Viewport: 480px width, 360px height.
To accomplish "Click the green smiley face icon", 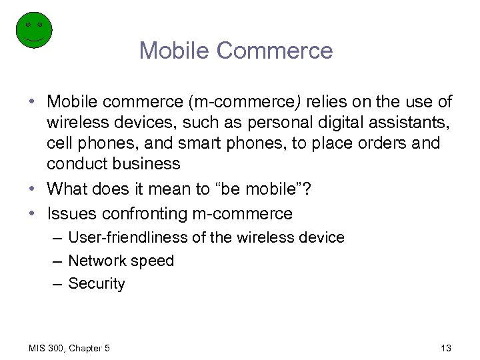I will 33,29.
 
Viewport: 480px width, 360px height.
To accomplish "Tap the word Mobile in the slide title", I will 174,51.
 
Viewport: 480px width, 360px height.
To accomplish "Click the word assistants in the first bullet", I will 409,123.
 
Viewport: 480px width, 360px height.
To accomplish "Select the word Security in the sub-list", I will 97,284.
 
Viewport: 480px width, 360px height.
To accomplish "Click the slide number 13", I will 446,347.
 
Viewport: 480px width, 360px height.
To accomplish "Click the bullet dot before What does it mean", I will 33,190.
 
